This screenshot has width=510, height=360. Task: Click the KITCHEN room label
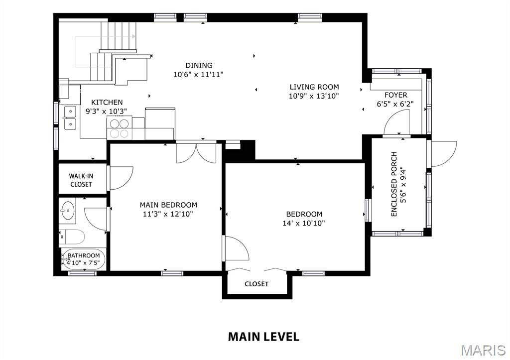point(107,102)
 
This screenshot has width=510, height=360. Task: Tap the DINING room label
point(199,65)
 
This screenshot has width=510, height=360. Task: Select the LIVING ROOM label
point(314,87)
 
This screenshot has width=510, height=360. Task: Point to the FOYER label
point(395,95)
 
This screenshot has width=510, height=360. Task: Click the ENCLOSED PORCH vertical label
point(394,184)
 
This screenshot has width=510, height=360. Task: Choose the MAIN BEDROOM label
point(168,205)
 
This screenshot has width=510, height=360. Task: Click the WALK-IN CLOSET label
point(81,180)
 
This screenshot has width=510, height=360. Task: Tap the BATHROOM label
point(84,255)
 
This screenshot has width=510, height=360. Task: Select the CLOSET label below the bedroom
point(256,284)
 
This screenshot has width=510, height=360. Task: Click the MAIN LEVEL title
point(263,337)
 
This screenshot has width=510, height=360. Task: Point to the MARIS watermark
point(484,350)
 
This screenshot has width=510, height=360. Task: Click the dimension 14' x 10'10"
point(303,223)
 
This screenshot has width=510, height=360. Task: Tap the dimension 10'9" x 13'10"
point(314,96)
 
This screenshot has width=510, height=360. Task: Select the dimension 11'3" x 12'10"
point(168,214)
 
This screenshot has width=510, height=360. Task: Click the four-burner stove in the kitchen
point(119,128)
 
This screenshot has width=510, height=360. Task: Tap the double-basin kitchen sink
point(70,118)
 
